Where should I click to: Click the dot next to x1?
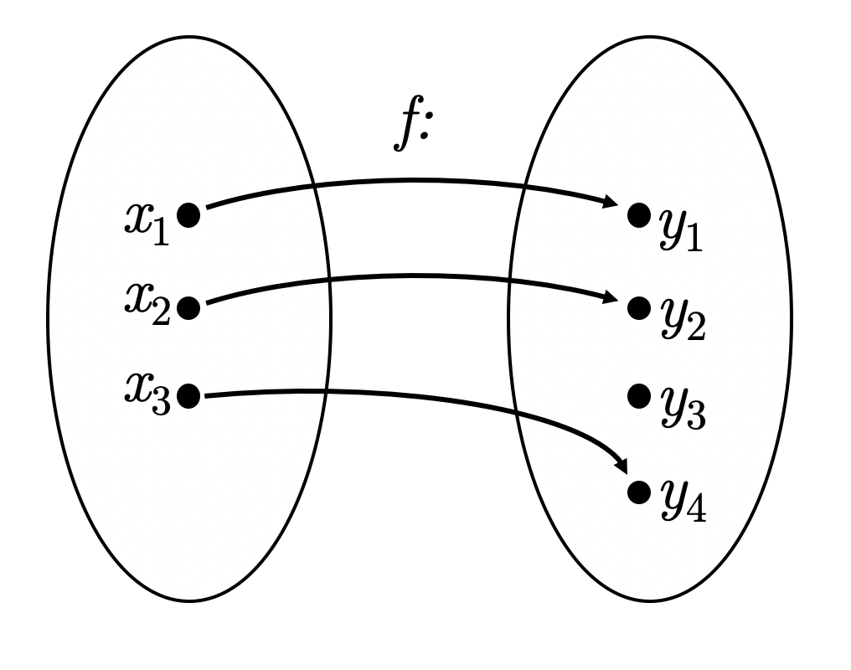click(189, 216)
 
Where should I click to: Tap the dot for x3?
click(189, 395)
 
